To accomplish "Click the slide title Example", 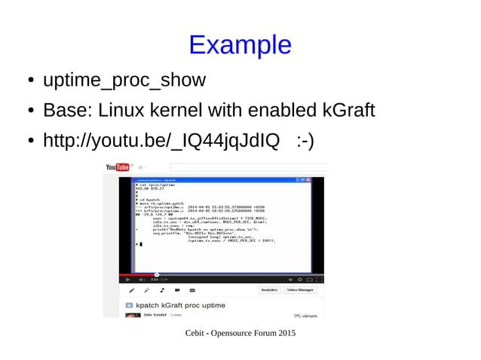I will pyautogui.click(x=240, y=45).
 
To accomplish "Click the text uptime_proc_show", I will pyautogui.click(x=124, y=80).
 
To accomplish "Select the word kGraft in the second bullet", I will pyautogui.click(x=348, y=111).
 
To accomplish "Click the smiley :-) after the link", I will pyautogui.click(x=305, y=141).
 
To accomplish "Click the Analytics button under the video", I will pyautogui.click(x=269, y=289).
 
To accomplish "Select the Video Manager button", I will pyautogui.click(x=301, y=289).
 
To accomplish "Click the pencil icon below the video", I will pyautogui.click(x=132, y=289).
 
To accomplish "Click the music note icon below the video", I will pyautogui.click(x=162, y=289).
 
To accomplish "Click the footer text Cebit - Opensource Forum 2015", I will pyautogui.click(x=240, y=333).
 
